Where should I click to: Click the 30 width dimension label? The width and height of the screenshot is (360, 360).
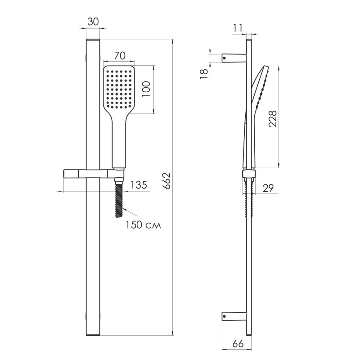click(x=93, y=22)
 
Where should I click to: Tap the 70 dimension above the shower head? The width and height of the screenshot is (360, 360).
click(x=120, y=56)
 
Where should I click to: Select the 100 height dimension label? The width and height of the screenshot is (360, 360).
click(x=146, y=89)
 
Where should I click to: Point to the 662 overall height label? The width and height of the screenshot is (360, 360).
click(x=166, y=181)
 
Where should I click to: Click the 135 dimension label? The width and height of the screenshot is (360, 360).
click(x=139, y=185)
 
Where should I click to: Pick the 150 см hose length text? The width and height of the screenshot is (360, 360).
click(x=143, y=225)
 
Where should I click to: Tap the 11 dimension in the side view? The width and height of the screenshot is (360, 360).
click(x=238, y=28)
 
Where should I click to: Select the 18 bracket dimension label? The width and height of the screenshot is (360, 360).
click(x=204, y=74)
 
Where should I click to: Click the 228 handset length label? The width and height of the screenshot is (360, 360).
click(x=273, y=119)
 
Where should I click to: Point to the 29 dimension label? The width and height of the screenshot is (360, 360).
click(x=268, y=188)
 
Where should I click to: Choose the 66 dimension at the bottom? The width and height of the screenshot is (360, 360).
click(x=238, y=344)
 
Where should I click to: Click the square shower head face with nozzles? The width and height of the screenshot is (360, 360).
click(x=119, y=90)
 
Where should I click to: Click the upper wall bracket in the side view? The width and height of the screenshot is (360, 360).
click(x=234, y=58)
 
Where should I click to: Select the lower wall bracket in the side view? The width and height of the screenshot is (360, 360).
click(x=234, y=316)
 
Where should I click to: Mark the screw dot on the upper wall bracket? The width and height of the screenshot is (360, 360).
click(x=225, y=58)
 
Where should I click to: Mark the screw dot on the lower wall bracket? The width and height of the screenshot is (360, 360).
click(x=225, y=316)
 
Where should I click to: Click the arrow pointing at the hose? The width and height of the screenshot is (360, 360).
click(x=130, y=212)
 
